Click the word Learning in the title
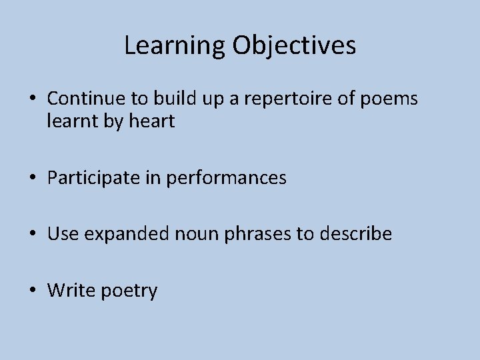[x=175, y=45]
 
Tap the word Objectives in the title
[x=294, y=45]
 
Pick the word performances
[x=226, y=178]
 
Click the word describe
[x=357, y=234]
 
